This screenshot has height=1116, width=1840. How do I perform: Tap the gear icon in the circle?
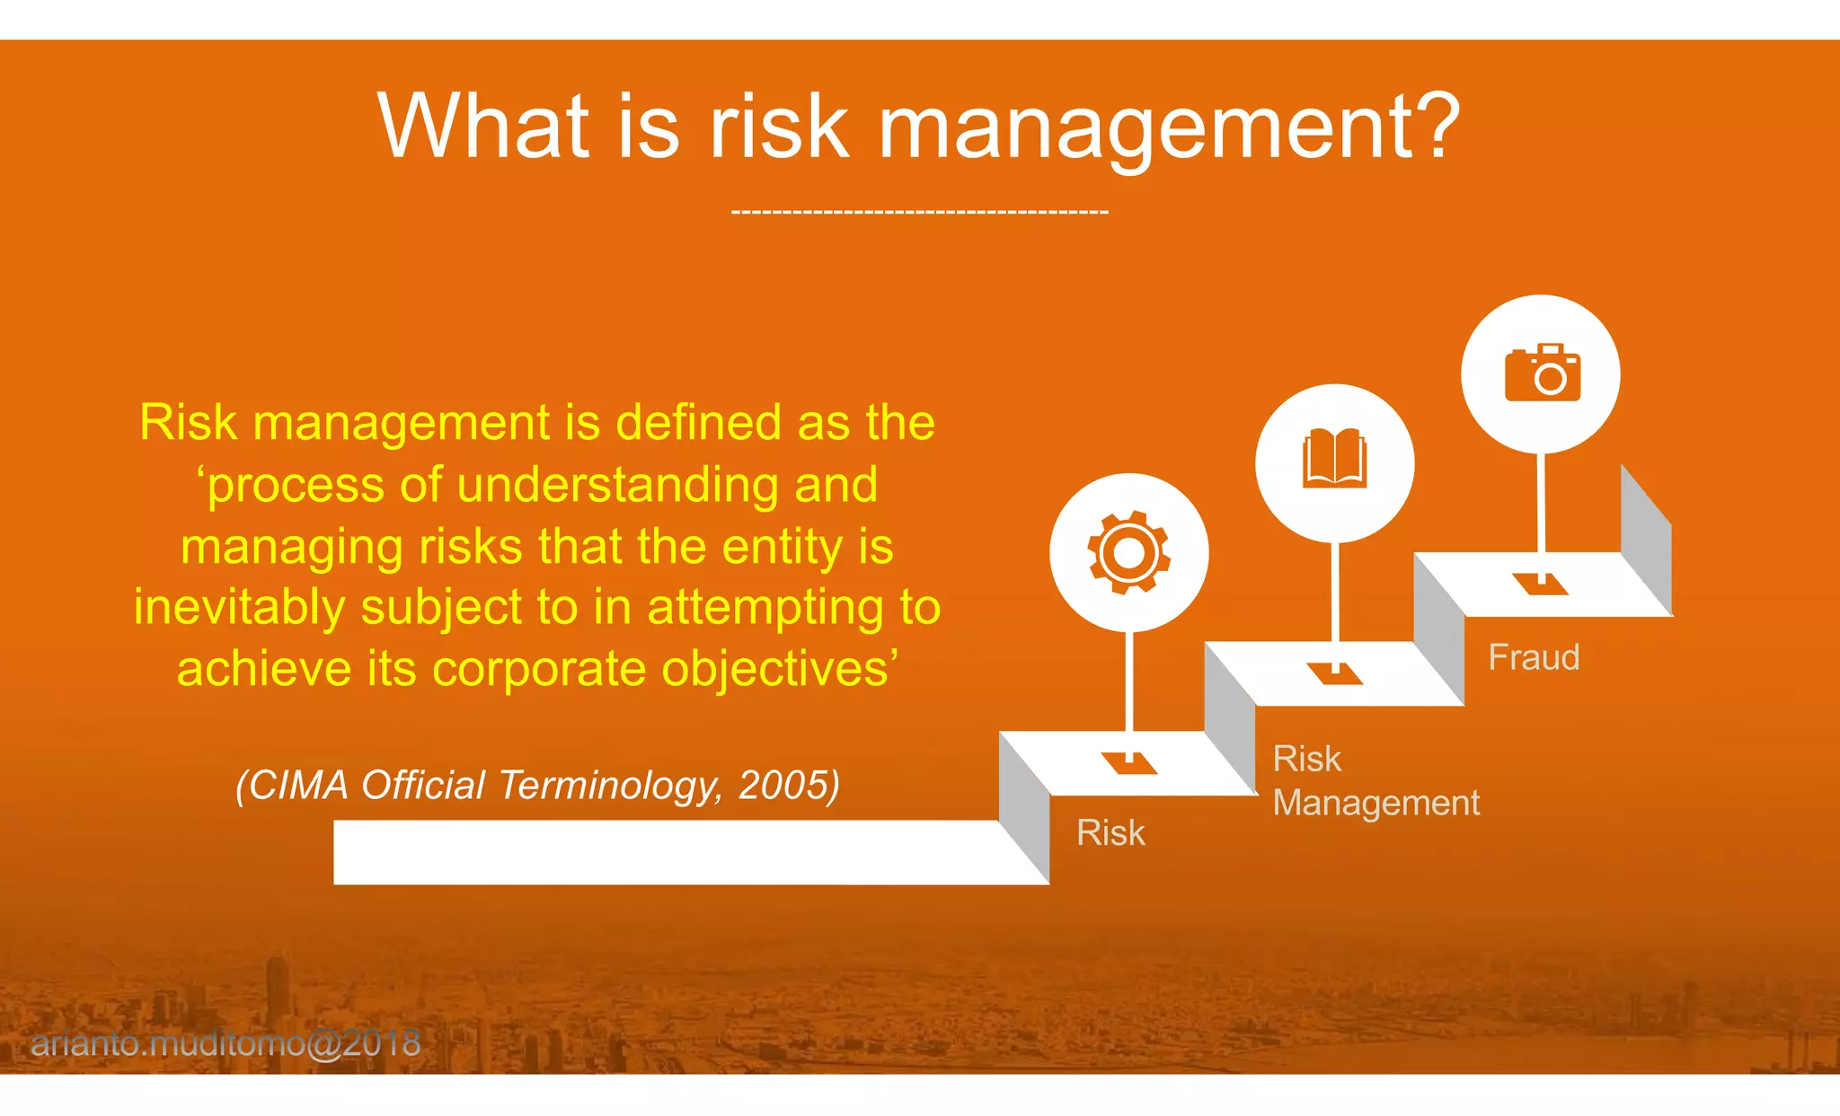[1128, 552]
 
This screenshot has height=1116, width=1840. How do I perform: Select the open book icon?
[1334, 459]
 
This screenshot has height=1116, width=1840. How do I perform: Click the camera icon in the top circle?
[1542, 373]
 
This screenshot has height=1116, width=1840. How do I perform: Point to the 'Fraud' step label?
[1533, 657]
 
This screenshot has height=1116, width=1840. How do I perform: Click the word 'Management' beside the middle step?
[1376, 803]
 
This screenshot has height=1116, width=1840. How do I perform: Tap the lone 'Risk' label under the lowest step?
[1110, 833]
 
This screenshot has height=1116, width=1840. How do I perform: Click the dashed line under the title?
[919, 212]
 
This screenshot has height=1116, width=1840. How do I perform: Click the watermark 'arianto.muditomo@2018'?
[226, 1043]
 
